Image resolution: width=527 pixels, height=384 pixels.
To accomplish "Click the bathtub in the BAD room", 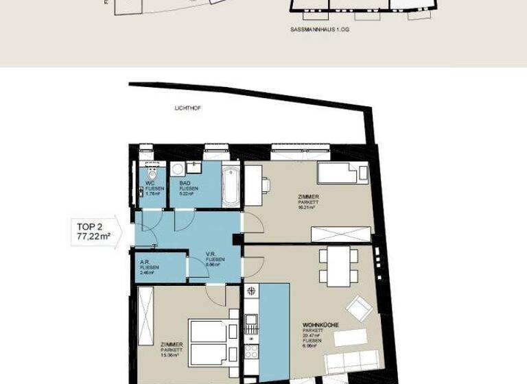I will [231, 187].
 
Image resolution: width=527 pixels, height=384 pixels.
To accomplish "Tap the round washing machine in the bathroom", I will [177, 169].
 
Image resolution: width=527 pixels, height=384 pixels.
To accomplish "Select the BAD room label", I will [185, 183].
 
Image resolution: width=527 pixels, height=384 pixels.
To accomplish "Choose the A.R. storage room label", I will [144, 262].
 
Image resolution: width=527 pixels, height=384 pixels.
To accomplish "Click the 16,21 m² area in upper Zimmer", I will [307, 208].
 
